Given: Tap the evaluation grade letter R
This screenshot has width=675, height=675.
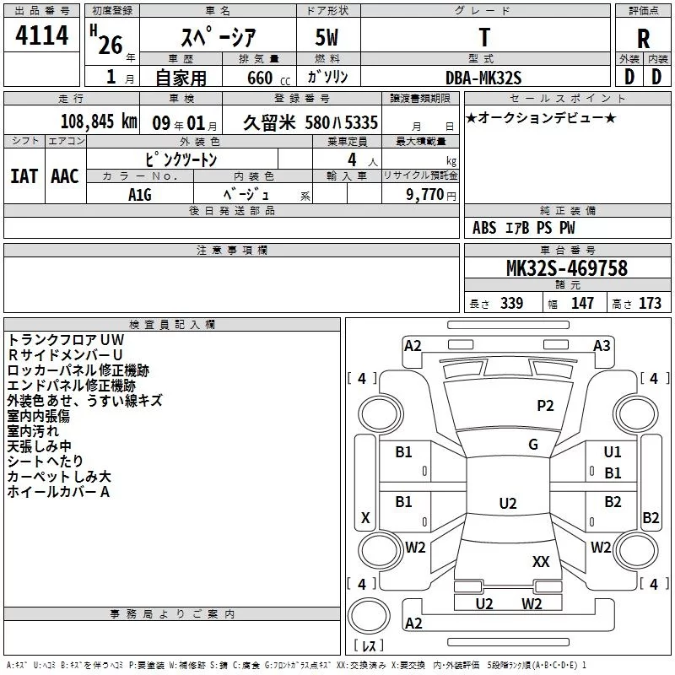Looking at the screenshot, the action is [643, 39].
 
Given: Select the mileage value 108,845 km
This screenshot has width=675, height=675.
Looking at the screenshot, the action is [100, 121].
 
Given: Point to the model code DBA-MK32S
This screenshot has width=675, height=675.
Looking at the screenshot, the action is [483, 78].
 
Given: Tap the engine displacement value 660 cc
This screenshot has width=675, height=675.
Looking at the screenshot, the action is [258, 78].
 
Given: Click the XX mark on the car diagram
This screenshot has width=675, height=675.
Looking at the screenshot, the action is [541, 561].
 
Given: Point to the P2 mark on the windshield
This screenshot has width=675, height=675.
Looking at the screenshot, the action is [545, 406].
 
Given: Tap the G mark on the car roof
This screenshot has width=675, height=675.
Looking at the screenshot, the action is [533, 445].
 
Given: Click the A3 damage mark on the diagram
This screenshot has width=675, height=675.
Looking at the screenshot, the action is [602, 345].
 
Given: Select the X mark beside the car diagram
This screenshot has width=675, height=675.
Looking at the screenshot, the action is [365, 518].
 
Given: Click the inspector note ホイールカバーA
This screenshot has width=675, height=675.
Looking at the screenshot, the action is [59, 492].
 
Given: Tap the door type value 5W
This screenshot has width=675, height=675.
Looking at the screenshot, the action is [328, 39].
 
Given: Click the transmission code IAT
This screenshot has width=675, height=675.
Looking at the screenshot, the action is [23, 176].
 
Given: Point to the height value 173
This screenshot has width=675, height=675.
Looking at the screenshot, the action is [651, 303].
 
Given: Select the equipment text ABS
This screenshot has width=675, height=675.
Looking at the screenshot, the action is [484, 228].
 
